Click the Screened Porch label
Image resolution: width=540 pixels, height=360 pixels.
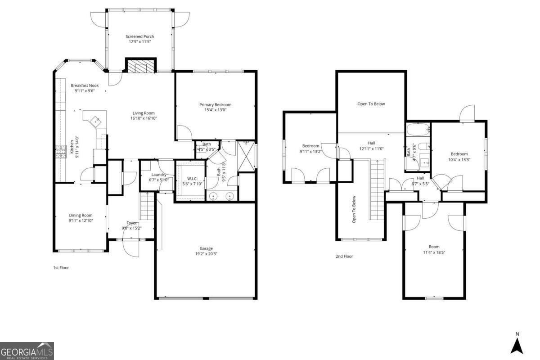pos(139,36)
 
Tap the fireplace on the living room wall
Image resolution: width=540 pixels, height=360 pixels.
pos(140,67)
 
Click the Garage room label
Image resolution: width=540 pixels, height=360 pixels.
pos(206,248)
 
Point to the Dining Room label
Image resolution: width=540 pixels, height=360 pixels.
pos(81,215)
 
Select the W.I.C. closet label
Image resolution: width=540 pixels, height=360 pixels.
pos(192,179)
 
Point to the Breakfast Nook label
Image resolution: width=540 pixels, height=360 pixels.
pos(85,85)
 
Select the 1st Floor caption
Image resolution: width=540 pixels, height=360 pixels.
pos(61,268)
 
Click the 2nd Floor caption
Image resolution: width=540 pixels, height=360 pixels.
pos(344,256)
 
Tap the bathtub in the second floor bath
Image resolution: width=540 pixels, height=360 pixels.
pos(418,130)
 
